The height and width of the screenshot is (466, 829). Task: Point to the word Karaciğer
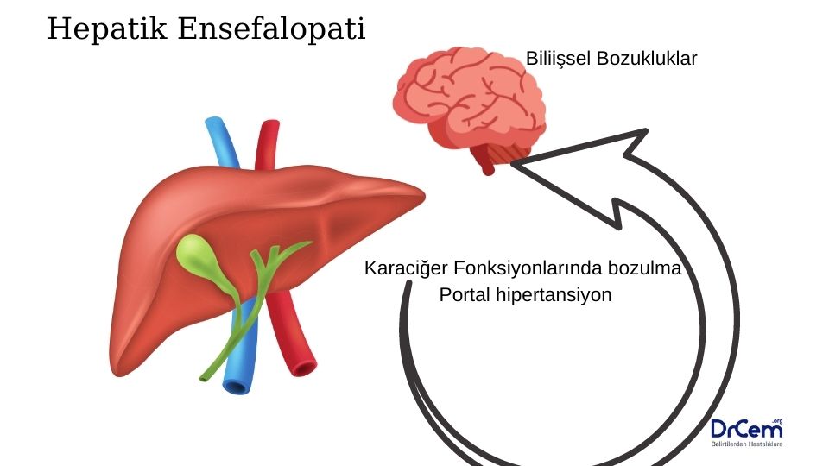403,268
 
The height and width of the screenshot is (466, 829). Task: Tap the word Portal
467,294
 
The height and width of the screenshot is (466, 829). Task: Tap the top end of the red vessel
269,128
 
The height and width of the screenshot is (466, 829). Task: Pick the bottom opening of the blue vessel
236,385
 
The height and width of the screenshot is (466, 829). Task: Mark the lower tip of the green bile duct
205,377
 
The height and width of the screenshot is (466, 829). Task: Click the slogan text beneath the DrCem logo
746,444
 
